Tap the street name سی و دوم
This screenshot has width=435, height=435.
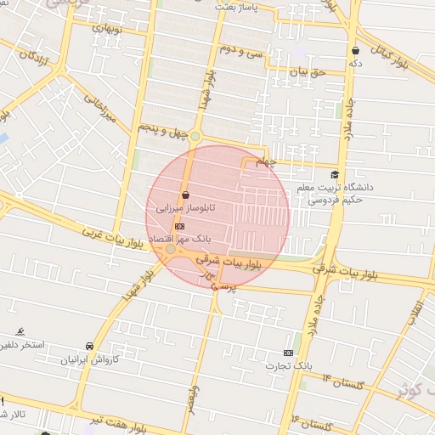coord(240,49)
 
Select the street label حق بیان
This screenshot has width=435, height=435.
coord(307,73)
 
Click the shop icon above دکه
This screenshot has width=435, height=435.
coord(354,51)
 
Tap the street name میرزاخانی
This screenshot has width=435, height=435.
coord(95,106)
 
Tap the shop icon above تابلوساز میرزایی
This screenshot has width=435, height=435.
coord(185,195)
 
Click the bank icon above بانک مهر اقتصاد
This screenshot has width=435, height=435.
coord(179,227)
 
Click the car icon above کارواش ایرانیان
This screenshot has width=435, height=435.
coord(90,346)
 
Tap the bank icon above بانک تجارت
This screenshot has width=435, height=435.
coord(288,353)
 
